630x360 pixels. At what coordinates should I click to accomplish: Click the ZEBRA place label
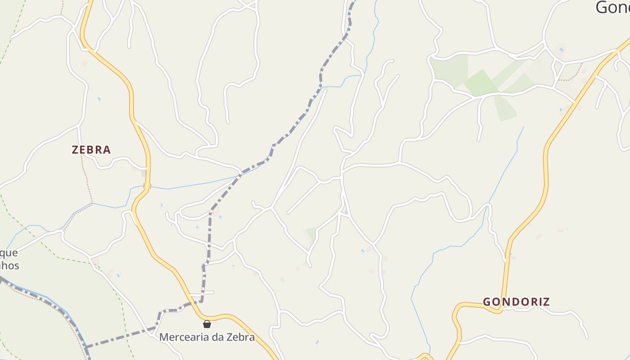[x=91, y=150]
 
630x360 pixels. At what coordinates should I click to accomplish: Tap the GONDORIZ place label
[x=517, y=302]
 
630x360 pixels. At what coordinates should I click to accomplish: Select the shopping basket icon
[x=207, y=324]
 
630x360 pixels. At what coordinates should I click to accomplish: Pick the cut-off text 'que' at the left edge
[x=9, y=253]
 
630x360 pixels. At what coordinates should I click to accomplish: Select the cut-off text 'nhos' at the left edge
[x=9, y=265]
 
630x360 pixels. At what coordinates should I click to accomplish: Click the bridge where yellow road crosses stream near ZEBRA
[x=147, y=186]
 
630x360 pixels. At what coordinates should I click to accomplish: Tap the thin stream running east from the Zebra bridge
[x=193, y=184]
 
